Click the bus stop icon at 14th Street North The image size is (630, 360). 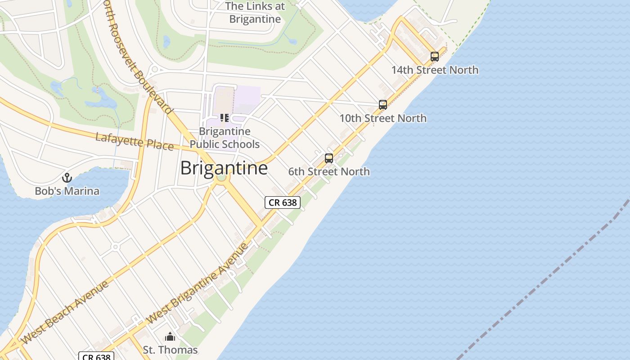434,57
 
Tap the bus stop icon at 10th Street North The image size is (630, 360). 382,105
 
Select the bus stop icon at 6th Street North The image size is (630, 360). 329,158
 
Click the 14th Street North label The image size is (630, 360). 434,70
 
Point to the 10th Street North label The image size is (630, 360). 382,118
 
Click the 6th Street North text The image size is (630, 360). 329,171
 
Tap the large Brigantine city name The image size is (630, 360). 224,168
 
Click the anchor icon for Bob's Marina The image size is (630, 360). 67,178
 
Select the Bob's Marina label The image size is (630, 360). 67,191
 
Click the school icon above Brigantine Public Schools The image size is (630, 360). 224,118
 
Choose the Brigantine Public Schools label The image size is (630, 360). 224,138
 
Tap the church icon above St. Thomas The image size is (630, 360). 170,337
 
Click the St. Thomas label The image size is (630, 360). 170,350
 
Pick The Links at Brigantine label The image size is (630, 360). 255,13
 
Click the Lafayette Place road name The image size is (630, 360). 134,141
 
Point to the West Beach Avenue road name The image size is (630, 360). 65,311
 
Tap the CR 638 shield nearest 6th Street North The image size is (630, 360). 282,202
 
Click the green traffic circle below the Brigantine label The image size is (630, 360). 221,177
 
